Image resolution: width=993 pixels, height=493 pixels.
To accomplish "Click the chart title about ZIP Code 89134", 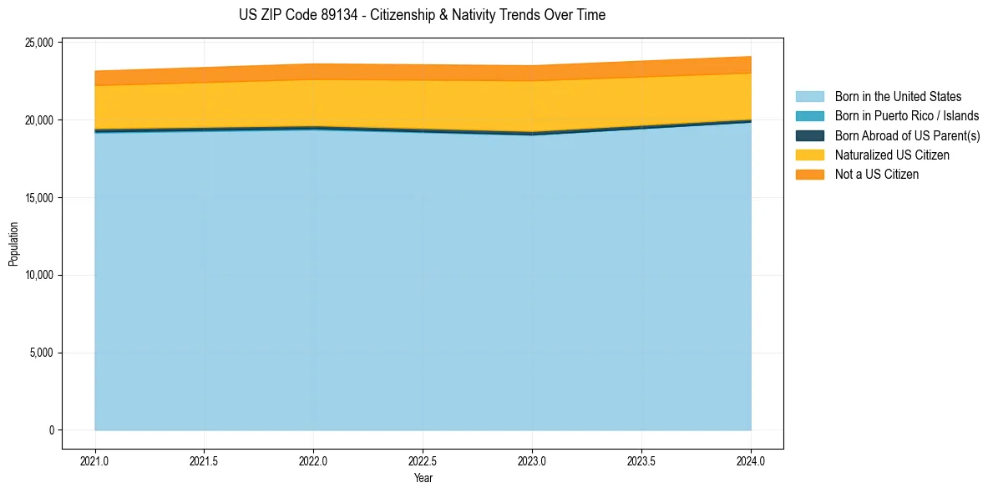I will point(421,15).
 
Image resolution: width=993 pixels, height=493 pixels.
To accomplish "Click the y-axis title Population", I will point(13,243).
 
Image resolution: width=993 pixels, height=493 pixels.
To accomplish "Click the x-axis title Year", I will point(423,478).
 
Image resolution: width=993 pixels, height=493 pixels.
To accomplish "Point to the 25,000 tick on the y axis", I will point(39,43).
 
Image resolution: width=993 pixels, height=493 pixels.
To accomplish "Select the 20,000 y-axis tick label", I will point(39,120).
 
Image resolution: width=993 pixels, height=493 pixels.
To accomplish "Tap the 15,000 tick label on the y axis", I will point(39,198).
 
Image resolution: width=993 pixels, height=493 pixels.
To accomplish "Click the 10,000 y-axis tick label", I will point(39,276).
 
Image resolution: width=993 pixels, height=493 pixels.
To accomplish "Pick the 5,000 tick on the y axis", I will point(42,353).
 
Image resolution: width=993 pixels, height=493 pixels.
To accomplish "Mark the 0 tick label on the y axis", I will point(51,430).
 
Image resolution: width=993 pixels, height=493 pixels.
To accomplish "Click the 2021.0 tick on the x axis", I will point(94,460).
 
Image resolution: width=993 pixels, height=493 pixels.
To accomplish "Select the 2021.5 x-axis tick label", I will point(204,460).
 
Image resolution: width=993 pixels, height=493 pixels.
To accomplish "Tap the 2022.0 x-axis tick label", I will point(313,460).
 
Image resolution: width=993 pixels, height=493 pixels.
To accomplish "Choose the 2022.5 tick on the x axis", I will point(423,460).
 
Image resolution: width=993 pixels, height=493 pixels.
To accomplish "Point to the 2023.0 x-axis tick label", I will point(532,460).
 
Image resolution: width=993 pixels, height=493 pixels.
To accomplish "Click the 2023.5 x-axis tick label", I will point(641,460).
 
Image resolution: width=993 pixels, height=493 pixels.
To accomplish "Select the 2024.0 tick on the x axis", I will point(751,460).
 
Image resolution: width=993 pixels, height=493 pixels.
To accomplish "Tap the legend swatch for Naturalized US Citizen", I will point(809,155).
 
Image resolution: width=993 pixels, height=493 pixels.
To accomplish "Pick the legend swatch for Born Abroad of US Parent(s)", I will point(809,135).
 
